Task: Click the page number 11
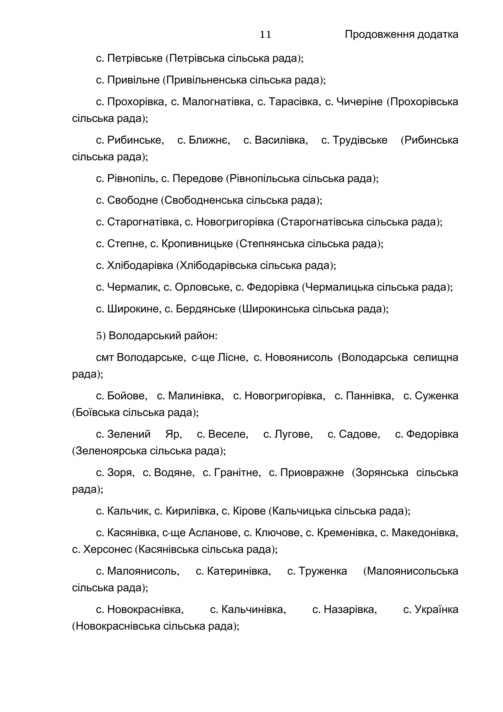[265, 34]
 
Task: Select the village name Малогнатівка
[216, 102]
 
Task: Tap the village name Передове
[198, 179]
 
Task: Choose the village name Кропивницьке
[197, 244]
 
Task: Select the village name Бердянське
[206, 309]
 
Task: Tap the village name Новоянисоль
[299, 357]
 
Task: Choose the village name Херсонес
[108, 550]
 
